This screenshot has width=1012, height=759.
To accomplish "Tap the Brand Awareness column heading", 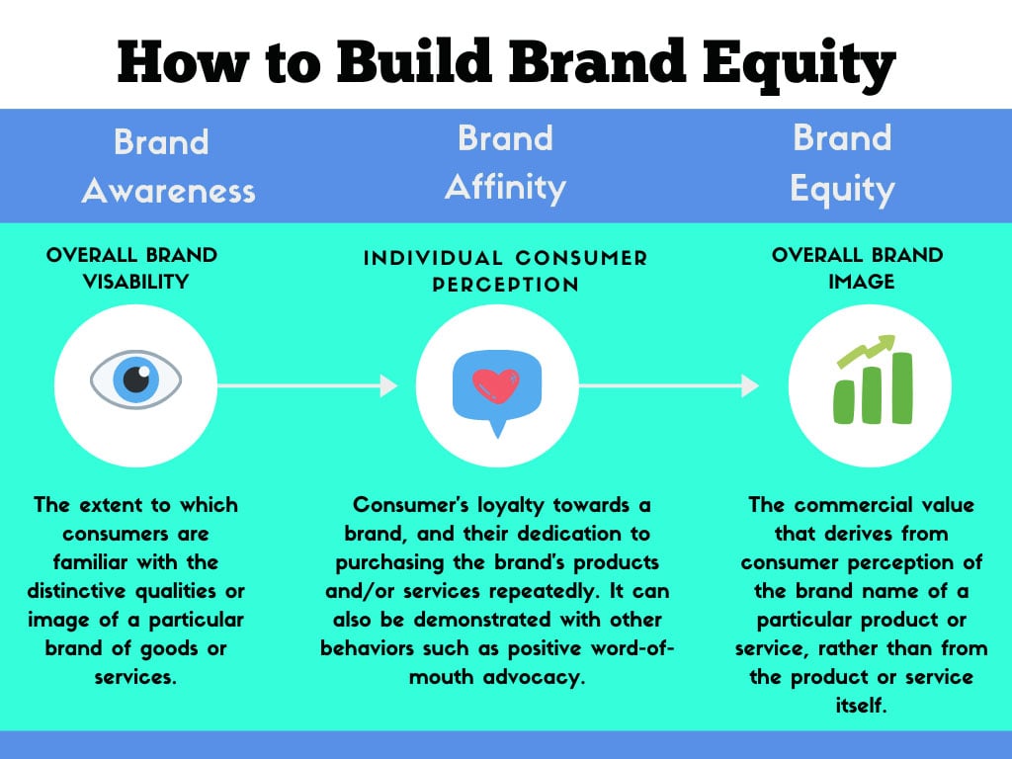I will tap(167, 165).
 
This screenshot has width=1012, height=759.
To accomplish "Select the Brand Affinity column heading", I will tap(505, 162).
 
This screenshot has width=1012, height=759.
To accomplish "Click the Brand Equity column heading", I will tap(842, 162).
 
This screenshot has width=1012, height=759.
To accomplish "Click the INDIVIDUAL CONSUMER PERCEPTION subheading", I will tap(505, 271).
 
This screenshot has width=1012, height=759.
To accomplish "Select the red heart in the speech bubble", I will tap(496, 386).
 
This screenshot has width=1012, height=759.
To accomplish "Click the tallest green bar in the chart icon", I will tap(899, 387).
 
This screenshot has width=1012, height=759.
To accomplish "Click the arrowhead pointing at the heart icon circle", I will tap(389, 385).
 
